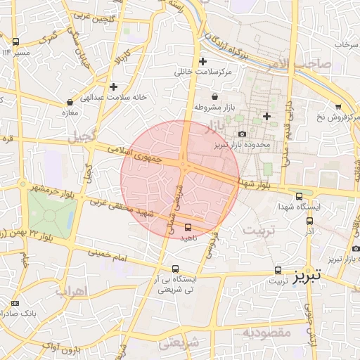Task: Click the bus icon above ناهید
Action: [x=188, y=227]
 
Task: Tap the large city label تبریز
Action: [x=308, y=275]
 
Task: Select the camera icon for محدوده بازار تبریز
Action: [x=243, y=134]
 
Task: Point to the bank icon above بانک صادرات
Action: [x=15, y=303]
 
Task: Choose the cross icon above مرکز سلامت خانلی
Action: [x=203, y=61]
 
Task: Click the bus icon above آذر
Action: [x=309, y=220]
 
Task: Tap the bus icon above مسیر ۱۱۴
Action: [x=15, y=41]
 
